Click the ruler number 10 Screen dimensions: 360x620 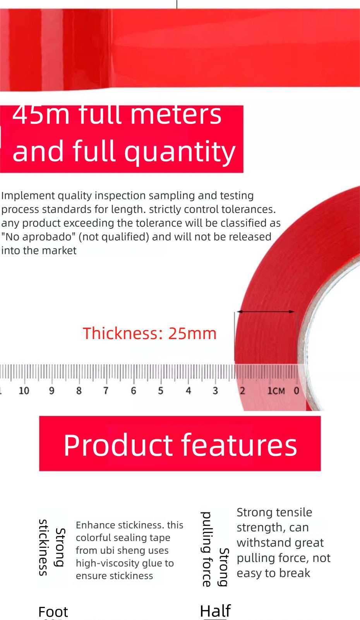[24, 390]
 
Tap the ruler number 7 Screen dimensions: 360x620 [106, 390]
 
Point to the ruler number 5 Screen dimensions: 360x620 [161, 390]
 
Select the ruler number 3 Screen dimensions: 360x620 [216, 390]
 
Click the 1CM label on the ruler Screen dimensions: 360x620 [276, 390]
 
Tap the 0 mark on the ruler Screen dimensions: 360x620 [296, 390]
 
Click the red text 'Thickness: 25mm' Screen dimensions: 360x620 [149, 333]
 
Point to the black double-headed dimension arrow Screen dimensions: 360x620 [266, 312]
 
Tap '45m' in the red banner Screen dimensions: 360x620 [40, 115]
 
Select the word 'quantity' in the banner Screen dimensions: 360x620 [180, 152]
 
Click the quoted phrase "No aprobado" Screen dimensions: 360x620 [38, 236]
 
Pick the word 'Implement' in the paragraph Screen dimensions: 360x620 [28, 196]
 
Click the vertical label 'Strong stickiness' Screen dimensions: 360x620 [52, 548]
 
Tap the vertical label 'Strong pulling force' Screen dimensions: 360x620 [215, 549]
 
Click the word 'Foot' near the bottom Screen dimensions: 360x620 [53, 612]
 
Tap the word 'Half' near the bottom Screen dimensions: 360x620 [216, 611]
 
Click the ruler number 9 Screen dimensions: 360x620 [51, 390]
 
